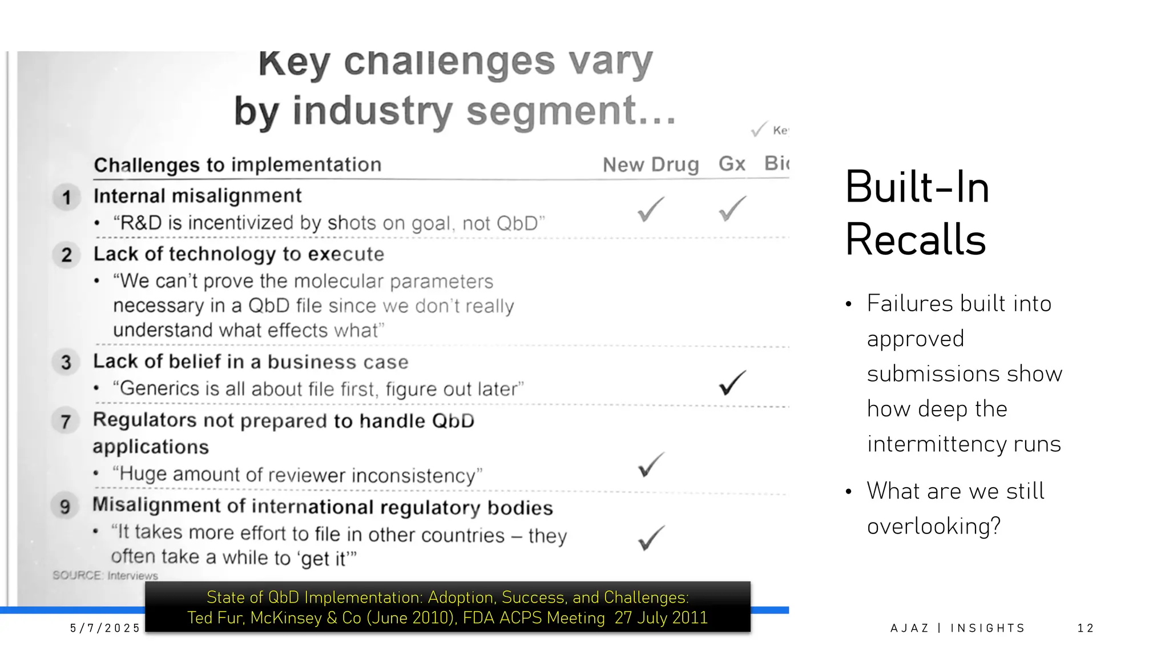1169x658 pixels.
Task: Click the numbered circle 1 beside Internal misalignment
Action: (67, 198)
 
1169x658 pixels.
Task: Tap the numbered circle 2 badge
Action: (67, 255)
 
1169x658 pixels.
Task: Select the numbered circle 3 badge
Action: (66, 362)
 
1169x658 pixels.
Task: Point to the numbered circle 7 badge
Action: (66, 422)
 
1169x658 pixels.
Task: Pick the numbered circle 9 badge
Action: (65, 506)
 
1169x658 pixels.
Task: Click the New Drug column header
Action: (651, 164)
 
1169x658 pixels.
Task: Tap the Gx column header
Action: (732, 164)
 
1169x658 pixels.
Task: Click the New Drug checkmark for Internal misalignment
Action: (651, 209)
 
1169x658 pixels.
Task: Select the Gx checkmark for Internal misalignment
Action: (732, 208)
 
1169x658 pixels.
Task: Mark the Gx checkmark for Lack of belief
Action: (732, 383)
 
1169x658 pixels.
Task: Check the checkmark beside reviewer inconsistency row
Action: (651, 465)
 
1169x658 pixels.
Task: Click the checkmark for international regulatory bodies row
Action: (651, 538)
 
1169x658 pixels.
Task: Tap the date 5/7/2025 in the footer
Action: (105, 628)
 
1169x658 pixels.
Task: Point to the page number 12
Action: (1085, 628)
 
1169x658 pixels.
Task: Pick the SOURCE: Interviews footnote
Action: (105, 575)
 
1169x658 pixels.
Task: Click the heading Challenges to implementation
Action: (237, 164)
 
